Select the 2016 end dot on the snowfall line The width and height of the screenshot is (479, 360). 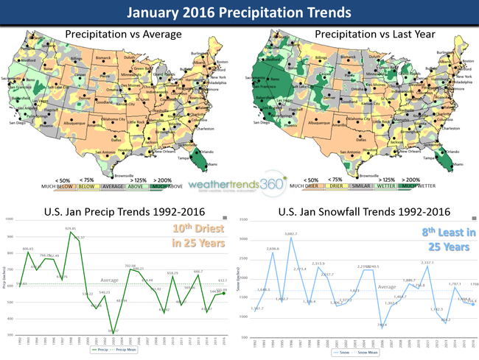point(473,303)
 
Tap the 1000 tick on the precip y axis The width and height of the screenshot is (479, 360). point(11,219)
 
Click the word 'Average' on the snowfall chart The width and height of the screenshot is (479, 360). point(388,286)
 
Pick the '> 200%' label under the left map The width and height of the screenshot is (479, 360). point(164,179)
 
